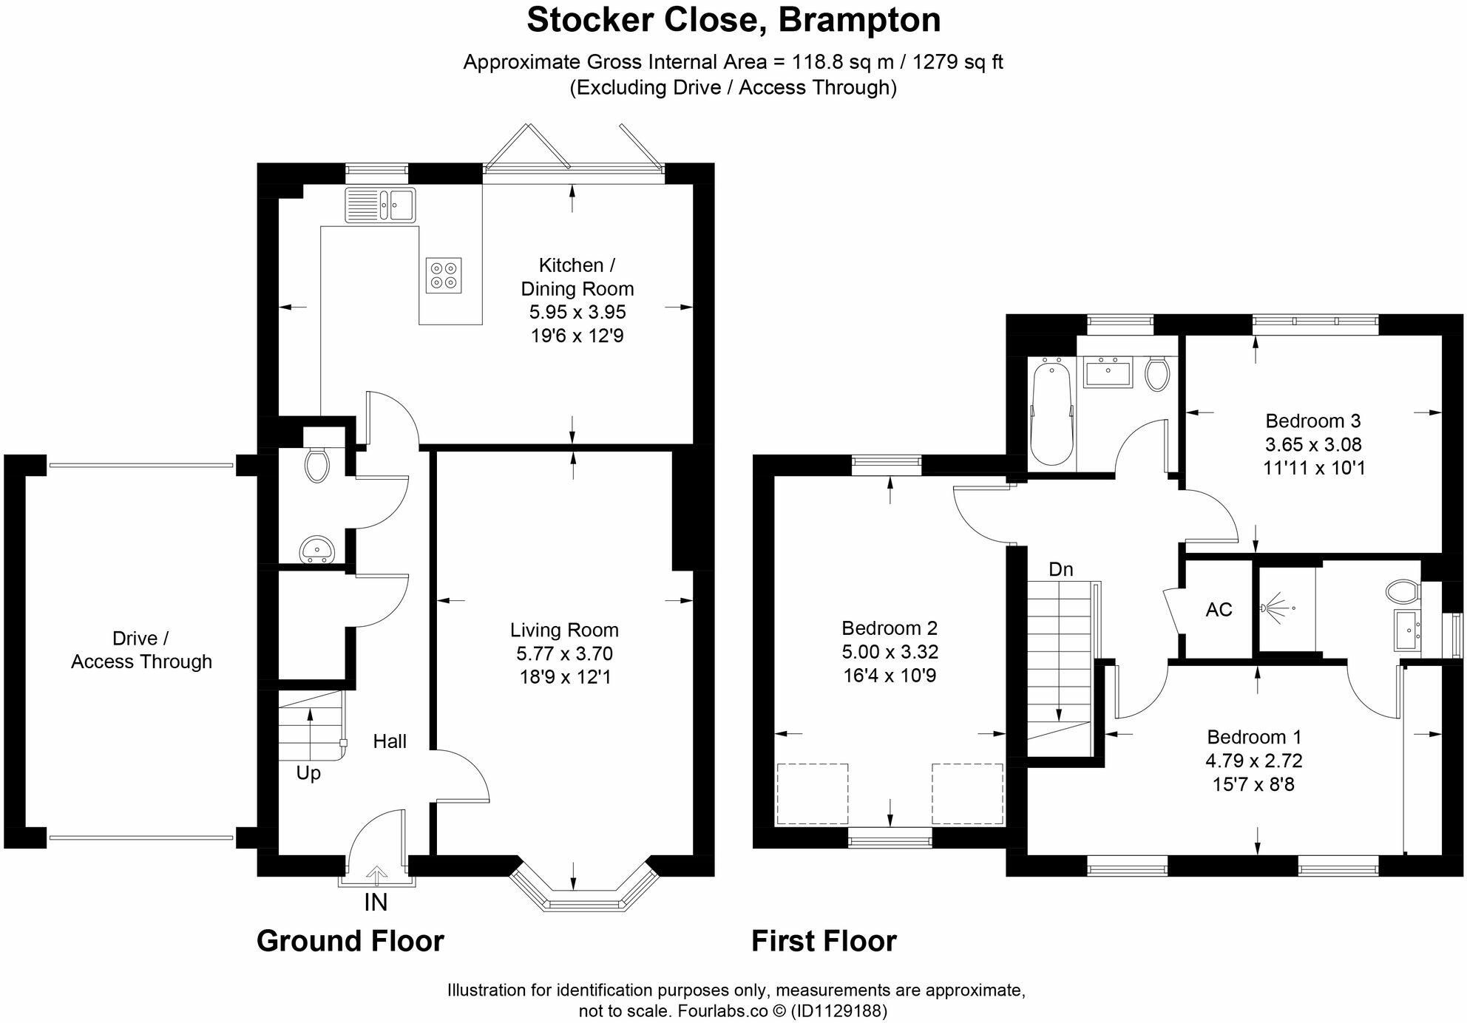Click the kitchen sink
(x=380, y=204)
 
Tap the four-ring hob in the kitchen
(x=444, y=275)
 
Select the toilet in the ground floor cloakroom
(x=316, y=466)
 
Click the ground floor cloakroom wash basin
(x=318, y=550)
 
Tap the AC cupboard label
(x=1219, y=610)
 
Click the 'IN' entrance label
(x=376, y=903)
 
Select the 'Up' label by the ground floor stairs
(x=308, y=773)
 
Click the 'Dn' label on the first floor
(x=1060, y=569)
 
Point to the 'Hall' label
(x=390, y=741)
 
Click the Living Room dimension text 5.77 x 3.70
(x=564, y=653)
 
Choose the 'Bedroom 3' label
(x=1312, y=421)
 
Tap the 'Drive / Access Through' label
(x=141, y=650)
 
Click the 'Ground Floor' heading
(x=350, y=941)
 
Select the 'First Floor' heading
(x=824, y=941)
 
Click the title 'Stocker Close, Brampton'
(x=733, y=20)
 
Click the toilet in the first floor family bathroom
(x=1156, y=374)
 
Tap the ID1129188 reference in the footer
(x=838, y=1010)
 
